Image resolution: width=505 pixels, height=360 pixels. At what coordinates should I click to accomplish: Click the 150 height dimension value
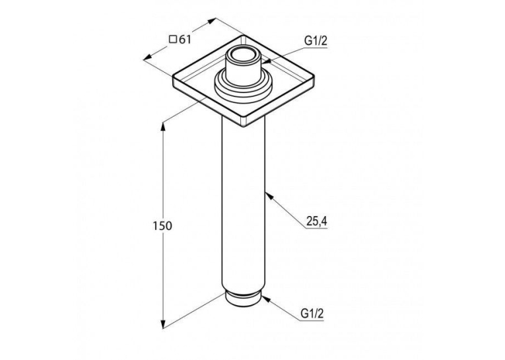tap(162, 226)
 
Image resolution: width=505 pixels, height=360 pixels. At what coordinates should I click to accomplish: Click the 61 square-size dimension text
tap(185, 40)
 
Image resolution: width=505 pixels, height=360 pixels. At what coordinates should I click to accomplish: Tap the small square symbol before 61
tap(173, 40)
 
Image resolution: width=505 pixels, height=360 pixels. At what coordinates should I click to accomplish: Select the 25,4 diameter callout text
tap(317, 221)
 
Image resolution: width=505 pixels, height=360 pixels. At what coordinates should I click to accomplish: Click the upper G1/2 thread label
tap(316, 40)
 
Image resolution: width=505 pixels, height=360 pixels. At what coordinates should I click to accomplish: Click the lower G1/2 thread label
tap(312, 313)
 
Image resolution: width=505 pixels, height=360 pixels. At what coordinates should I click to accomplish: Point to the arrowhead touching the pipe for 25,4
tap(269, 196)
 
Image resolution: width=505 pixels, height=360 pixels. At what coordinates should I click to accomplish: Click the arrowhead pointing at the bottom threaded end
tap(265, 299)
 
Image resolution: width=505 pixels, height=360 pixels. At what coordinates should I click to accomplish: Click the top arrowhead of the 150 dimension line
tap(163, 126)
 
